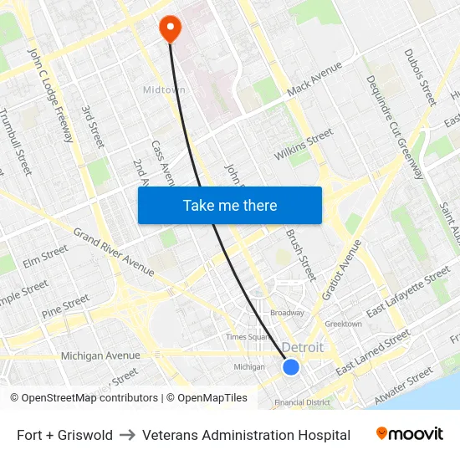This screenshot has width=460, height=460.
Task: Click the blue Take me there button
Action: pyautogui.click(x=229, y=205)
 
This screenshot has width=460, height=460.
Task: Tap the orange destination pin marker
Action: pyautogui.click(x=171, y=28)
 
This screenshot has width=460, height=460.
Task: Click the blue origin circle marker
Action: pyautogui.click(x=291, y=367)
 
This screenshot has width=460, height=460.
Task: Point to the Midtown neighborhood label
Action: pyautogui.click(x=164, y=89)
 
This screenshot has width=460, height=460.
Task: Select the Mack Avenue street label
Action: pyautogui.click(x=314, y=79)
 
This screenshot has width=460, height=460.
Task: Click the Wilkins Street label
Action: pyautogui.click(x=304, y=144)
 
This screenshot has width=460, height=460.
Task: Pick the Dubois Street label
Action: pyautogui.click(x=420, y=77)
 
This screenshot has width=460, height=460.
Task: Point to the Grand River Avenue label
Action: pyautogui.click(x=114, y=252)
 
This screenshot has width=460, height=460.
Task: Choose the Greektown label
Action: pyautogui.click(x=343, y=324)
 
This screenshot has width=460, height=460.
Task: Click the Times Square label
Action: pyautogui.click(x=247, y=336)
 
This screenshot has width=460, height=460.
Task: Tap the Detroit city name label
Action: pyautogui.click(x=302, y=348)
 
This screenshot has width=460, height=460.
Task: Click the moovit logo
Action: pyautogui.click(x=409, y=434)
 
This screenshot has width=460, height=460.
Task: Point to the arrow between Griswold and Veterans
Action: pyautogui.click(x=127, y=435)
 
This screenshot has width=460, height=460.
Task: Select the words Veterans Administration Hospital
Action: pyautogui.click(x=246, y=435)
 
